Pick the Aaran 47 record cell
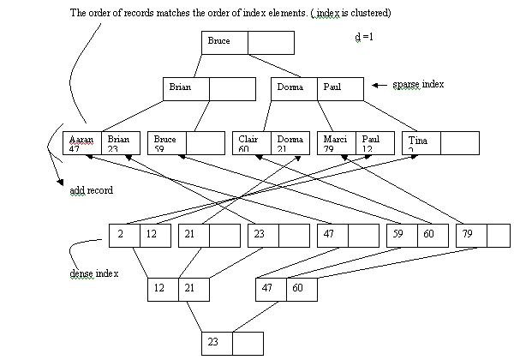pos(82,143)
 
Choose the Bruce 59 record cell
pos(167,143)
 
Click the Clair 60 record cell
pos(252,143)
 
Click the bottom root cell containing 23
pos(216,343)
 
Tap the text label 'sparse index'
pos(419,86)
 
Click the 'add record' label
pos(91,189)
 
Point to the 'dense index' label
pos(93,273)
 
